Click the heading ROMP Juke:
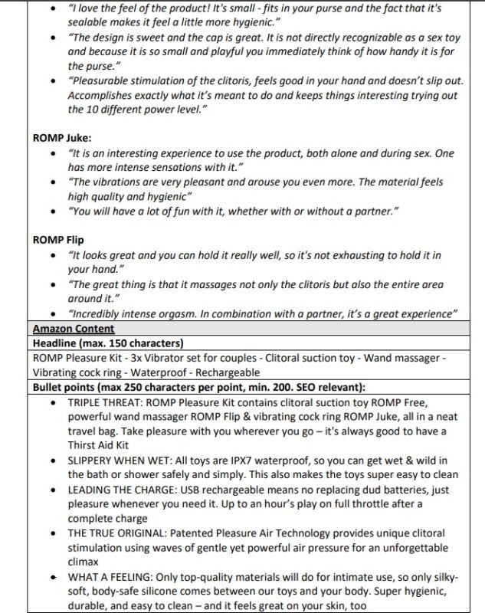pos(62,138)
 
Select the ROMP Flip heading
pos(58,240)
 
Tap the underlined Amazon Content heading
pos(74,329)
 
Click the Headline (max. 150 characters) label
pos(107,343)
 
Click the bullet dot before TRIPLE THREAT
pos(51,402)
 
